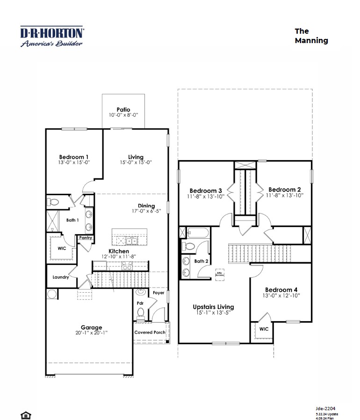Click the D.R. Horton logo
coord(52,37)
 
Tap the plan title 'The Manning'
coord(311,36)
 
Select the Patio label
coord(123,110)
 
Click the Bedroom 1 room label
coord(74,157)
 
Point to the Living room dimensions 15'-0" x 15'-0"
coord(136,162)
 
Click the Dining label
coord(146,206)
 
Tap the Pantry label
coord(86,238)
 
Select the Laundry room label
coord(61,277)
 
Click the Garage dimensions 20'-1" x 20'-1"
coord(91,333)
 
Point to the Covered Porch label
coord(150,332)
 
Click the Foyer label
coord(158,293)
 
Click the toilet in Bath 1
coord(53,203)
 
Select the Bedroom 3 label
coord(206,190)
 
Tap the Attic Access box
coord(219,274)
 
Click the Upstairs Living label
coord(213,307)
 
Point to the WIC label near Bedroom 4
coord(264,329)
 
